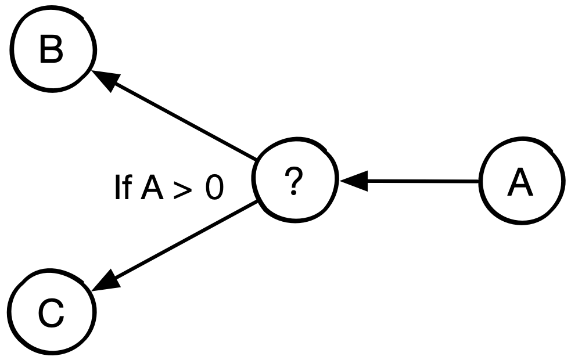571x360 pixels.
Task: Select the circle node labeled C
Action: (51, 314)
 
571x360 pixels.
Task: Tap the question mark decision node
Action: (296, 182)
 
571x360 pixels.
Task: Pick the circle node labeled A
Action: (522, 182)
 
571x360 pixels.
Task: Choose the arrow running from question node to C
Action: (180, 244)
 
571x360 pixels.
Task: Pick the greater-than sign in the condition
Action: (181, 190)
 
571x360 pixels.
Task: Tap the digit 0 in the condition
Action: (213, 189)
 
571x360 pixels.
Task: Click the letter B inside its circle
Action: (51, 51)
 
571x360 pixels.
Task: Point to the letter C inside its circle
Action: (51, 314)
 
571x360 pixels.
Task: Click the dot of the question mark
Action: (295, 193)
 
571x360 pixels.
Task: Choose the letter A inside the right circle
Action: (520, 183)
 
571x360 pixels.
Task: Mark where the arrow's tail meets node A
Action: (480, 182)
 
